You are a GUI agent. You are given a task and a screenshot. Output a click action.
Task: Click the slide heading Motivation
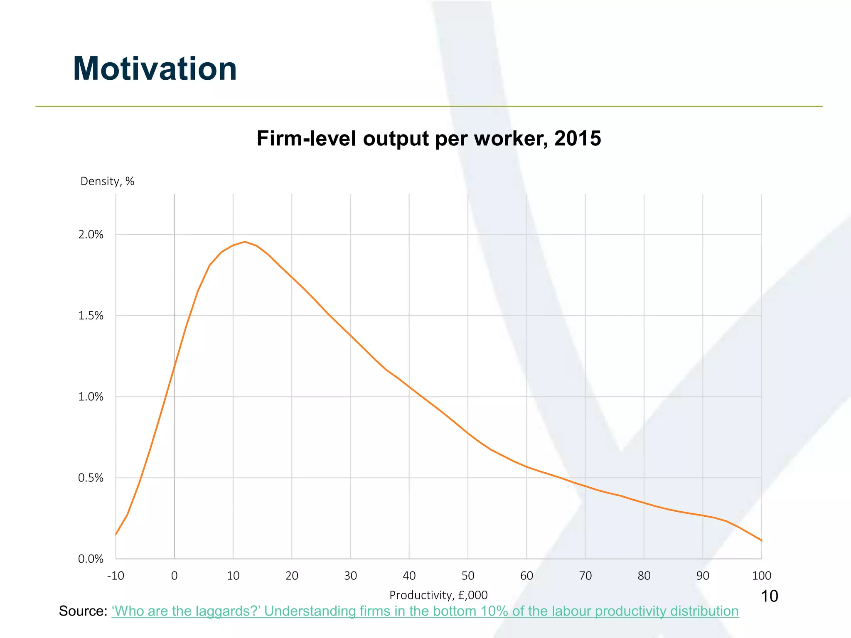(x=155, y=69)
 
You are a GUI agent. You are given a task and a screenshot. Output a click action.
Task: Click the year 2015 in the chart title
(x=578, y=138)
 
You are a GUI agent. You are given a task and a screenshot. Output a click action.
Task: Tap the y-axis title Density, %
(x=107, y=182)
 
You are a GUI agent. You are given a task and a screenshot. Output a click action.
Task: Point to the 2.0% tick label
(x=91, y=235)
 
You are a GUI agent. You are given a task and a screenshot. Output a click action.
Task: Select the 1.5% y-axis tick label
(x=91, y=316)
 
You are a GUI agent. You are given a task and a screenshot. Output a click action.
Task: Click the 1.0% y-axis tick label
(x=91, y=397)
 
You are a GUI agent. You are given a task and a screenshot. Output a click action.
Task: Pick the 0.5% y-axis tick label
(x=91, y=478)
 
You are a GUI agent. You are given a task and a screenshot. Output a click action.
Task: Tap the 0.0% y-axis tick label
(x=91, y=559)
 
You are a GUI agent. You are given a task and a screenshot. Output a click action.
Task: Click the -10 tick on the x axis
(x=116, y=576)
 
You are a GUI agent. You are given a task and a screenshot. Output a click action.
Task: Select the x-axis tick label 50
(x=468, y=576)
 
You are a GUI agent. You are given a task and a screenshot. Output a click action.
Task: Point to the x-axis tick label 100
(x=761, y=576)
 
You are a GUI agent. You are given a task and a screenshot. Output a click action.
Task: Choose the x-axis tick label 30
(x=350, y=576)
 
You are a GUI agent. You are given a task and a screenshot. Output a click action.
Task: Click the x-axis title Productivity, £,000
(x=438, y=595)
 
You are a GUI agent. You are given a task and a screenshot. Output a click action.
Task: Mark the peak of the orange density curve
(x=245, y=241)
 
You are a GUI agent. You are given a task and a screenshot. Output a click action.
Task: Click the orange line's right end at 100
(x=761, y=540)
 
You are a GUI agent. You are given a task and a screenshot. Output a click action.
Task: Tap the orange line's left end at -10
(x=116, y=535)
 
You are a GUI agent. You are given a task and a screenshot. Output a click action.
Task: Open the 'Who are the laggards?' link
(x=425, y=611)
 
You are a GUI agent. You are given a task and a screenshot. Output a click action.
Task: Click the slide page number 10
(x=769, y=596)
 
